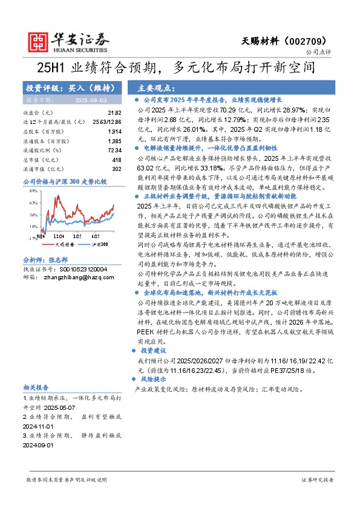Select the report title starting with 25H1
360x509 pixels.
180,67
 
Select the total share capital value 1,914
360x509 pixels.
115,131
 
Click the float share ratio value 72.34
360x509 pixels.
114,150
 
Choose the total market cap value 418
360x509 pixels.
117,160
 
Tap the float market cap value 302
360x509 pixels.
117,169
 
